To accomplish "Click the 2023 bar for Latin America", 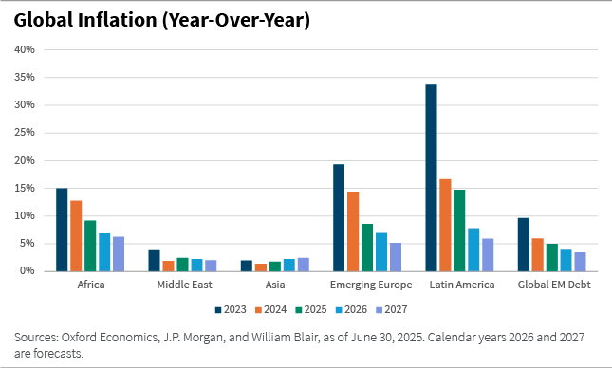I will click(x=431, y=178).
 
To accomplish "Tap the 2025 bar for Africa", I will click(x=90, y=246).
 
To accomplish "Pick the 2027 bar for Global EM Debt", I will click(x=580, y=262).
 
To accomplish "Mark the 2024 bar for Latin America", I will click(x=445, y=225).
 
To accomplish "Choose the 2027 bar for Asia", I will click(x=303, y=265).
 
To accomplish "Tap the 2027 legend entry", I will click(x=399, y=308).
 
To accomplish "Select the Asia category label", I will click(x=275, y=285).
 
